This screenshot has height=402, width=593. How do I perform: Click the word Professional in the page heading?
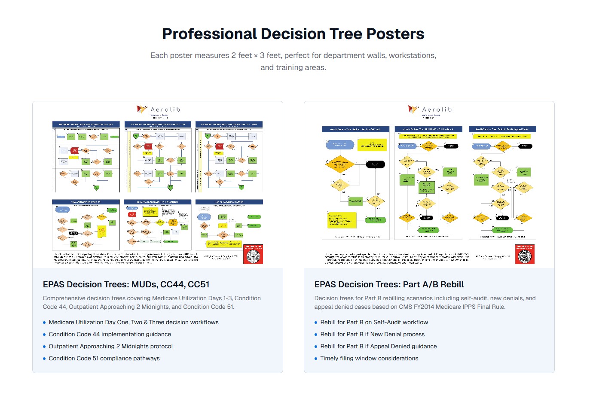(x=209, y=34)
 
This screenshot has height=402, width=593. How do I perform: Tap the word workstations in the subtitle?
(x=411, y=55)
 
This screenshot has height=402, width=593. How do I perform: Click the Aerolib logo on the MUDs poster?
(x=158, y=110)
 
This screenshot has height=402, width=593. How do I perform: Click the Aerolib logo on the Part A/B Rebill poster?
(x=430, y=110)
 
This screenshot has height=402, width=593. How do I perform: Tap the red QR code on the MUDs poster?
(x=253, y=255)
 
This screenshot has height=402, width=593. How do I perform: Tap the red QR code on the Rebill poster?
(x=525, y=255)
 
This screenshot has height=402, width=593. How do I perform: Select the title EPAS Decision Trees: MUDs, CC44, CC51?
(x=126, y=284)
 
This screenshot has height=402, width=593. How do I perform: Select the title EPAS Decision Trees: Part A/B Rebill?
(x=389, y=284)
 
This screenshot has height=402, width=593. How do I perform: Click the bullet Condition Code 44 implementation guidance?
(x=110, y=334)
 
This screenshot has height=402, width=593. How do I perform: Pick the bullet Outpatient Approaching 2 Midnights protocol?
(x=111, y=346)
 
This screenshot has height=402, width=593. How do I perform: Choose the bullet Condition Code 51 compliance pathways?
(x=104, y=358)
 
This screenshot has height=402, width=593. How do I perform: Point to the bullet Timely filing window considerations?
(x=369, y=358)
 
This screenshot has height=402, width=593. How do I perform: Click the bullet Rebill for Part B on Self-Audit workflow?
(x=374, y=322)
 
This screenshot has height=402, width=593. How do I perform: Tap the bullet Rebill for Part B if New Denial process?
(x=372, y=334)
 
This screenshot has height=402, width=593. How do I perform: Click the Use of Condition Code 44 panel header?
(x=86, y=202)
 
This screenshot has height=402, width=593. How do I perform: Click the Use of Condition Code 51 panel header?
(x=229, y=202)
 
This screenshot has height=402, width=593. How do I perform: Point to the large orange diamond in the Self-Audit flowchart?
(x=339, y=164)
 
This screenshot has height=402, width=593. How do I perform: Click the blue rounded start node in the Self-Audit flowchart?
(x=340, y=145)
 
